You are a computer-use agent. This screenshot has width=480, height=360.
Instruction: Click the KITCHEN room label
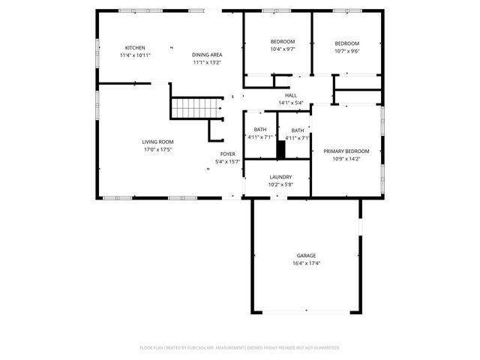tap(135, 48)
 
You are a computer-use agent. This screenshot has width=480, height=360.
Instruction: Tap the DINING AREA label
tap(207, 55)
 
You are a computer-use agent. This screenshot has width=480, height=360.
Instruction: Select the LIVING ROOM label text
tap(157, 142)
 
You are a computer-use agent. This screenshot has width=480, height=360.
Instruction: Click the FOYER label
tap(227, 154)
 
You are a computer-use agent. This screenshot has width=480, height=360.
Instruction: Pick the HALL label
tap(290, 95)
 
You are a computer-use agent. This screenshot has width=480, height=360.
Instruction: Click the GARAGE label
tap(306, 256)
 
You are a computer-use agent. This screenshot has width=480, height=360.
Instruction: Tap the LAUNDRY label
tap(280, 177)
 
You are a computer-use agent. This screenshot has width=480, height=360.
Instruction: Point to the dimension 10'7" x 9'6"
tap(346, 51)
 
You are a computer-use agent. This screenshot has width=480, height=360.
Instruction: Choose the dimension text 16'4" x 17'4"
tap(306, 263)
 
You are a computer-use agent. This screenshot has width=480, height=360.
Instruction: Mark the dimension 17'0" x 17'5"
tap(157, 149)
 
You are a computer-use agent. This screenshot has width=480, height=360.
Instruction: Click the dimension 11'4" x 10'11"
tap(135, 55)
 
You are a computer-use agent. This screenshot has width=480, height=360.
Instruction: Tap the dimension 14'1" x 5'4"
tap(290, 103)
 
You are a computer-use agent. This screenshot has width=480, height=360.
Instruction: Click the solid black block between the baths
tap(281, 149)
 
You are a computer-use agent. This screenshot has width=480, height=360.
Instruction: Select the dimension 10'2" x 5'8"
tap(280, 184)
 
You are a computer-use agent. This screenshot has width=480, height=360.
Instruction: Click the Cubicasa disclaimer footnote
tap(240, 347)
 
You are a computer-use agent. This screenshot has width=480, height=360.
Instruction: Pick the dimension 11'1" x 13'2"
tap(207, 62)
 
